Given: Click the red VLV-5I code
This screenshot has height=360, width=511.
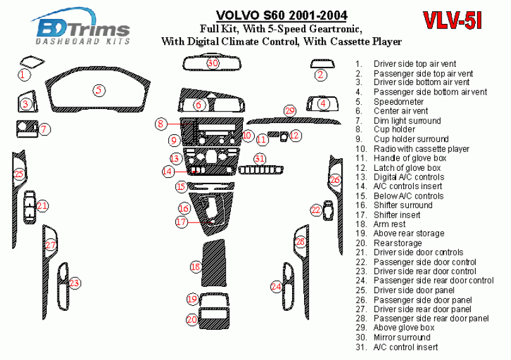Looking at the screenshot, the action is pyautogui.click(x=452, y=21).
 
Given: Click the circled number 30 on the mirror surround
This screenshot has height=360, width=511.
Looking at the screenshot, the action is pyautogui.click(x=213, y=62).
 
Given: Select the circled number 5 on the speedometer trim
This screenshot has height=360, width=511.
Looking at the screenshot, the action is pyautogui.click(x=99, y=90).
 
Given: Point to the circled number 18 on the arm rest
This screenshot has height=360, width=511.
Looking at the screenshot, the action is pyautogui.click(x=196, y=267).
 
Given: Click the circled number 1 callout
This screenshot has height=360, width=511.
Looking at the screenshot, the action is pyautogui.click(x=23, y=75).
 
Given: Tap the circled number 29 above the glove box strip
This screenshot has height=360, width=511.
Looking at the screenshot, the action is pyautogui.click(x=290, y=111).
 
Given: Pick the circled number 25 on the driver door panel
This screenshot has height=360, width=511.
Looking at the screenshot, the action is pyautogui.click(x=19, y=173).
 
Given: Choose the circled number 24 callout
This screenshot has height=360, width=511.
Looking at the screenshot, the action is pyautogui.click(x=276, y=286).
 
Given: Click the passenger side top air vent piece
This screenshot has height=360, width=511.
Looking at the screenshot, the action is pyautogui.click(x=322, y=64).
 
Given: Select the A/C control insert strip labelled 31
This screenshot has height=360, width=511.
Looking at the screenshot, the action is pyautogui.click(x=261, y=170).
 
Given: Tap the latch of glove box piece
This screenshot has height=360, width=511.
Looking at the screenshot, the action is pyautogui.click(x=283, y=136).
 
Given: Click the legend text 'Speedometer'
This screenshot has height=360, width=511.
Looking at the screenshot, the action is pyautogui.click(x=398, y=102).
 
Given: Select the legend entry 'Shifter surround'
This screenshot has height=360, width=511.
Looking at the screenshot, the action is pyautogui.click(x=402, y=206).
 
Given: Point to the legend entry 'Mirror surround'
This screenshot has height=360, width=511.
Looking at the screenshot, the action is pyautogui.click(x=402, y=337).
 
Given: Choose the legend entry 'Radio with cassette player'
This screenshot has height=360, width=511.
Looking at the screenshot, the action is pyautogui.click(x=421, y=149).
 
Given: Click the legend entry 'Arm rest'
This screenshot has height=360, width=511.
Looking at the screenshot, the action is pyautogui.click(x=389, y=224).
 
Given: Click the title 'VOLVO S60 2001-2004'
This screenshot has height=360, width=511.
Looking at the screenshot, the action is pyautogui.click(x=282, y=15).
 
